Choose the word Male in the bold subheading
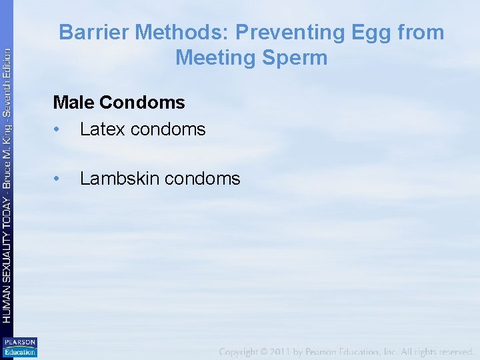coord(74,103)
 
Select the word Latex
coord(102,129)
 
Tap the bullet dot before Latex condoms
coord(58,129)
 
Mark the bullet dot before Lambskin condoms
coord(58,179)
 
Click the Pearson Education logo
coord(19,347)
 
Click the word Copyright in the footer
coord(243,351)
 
